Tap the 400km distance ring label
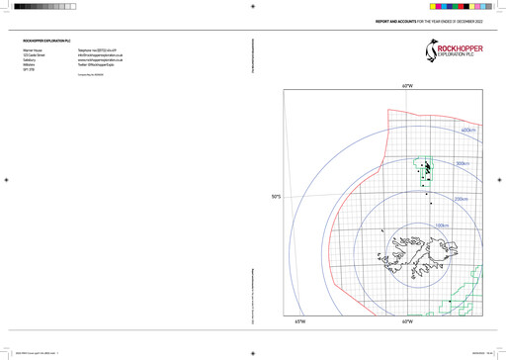tap(468, 130)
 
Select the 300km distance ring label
tap(462, 164)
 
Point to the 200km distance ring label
tap(461, 199)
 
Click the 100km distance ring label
tap(442, 226)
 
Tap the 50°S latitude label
tap(278, 197)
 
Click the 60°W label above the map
tap(406, 86)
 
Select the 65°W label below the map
tap(299, 321)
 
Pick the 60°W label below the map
tap(406, 321)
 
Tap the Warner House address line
tap(32, 49)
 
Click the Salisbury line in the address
tap(29, 60)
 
